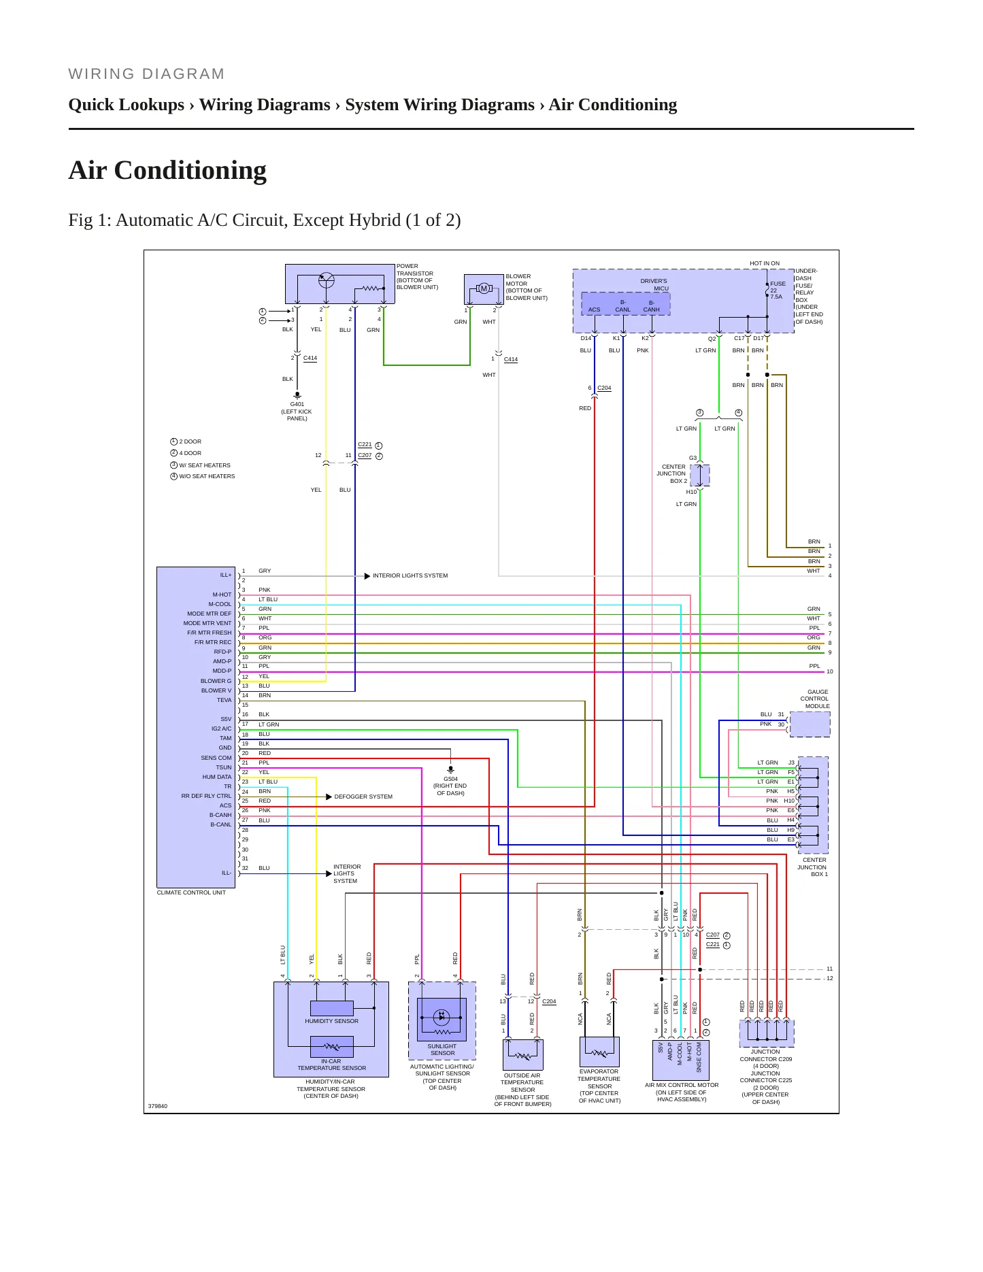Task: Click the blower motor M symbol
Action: coord(484,288)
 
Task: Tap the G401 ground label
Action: coord(297,404)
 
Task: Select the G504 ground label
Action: coord(450,779)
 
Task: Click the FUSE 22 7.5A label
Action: coord(778,290)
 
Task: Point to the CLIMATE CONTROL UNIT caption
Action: coord(191,892)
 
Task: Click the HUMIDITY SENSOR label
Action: coord(331,1021)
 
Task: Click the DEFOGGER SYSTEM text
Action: coord(363,797)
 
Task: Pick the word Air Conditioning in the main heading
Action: coord(167,170)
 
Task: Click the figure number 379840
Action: coord(158,1106)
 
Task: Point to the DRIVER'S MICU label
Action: coord(654,284)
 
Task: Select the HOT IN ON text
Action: coord(765,263)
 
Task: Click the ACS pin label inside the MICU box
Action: coord(595,309)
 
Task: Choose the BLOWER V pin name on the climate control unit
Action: coord(216,690)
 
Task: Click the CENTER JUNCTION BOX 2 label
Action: coord(671,474)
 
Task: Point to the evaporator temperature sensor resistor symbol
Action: coord(599,1054)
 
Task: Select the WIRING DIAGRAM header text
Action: coord(146,74)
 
